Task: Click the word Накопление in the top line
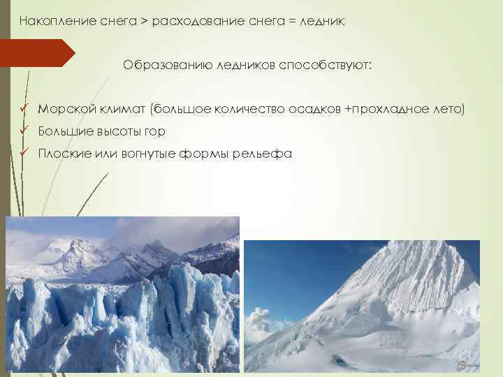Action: tap(50, 22)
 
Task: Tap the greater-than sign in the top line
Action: tap(143, 22)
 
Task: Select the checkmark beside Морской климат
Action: tap(24, 109)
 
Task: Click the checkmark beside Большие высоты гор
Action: tap(24, 131)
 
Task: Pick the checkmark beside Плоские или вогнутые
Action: tap(24, 154)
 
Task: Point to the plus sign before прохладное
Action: tap(348, 109)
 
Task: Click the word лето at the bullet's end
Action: tap(449, 109)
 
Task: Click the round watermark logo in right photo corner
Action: tap(462, 366)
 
